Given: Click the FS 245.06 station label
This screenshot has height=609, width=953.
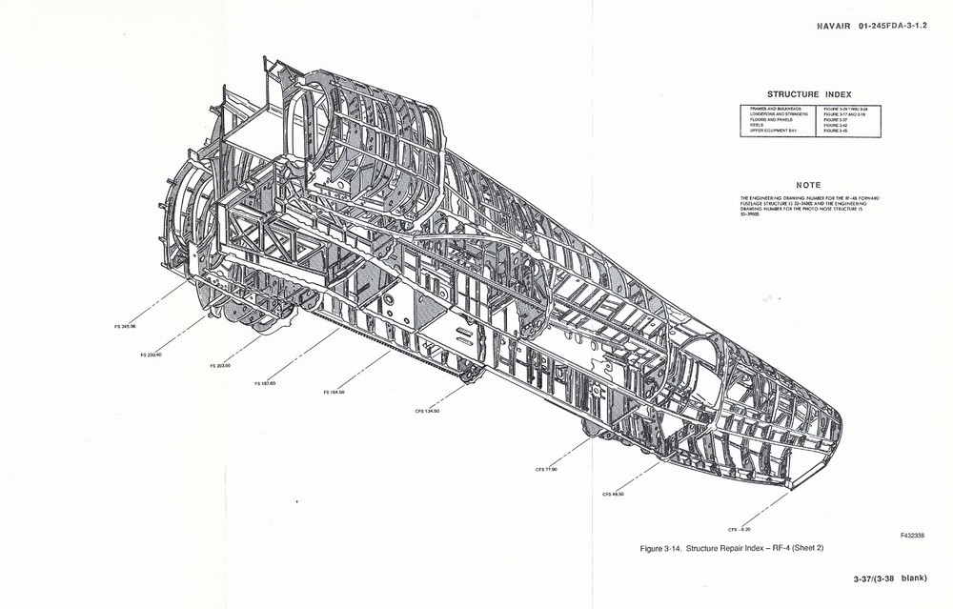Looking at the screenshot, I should (124, 326).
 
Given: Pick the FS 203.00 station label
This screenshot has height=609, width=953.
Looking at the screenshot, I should (220, 365).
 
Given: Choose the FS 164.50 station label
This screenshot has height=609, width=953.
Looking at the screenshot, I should (334, 392).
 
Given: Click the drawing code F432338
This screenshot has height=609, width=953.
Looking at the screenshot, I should (910, 538).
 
